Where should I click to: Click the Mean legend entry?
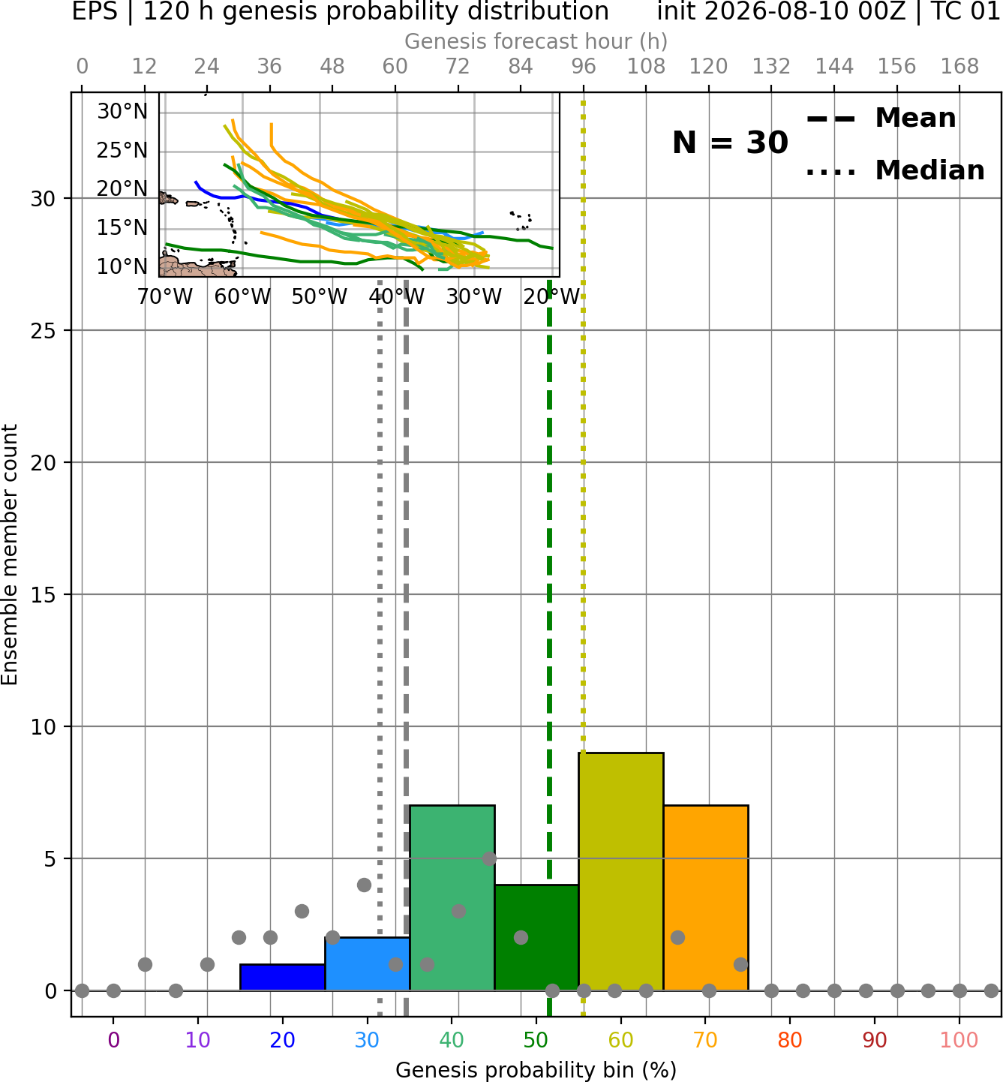881,119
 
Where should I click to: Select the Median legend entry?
895,170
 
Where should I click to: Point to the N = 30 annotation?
730,143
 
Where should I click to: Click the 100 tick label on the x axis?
959,1040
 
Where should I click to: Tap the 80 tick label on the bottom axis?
790,1040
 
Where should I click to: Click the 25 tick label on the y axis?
43,331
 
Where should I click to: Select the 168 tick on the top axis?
959,67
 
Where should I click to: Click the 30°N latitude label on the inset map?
122,112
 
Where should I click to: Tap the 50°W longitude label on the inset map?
320,297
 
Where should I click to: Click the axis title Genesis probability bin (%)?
536,1070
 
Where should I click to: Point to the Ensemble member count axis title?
9,555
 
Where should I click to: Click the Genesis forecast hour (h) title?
536,41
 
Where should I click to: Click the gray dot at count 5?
489,858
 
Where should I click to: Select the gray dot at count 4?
364,885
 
